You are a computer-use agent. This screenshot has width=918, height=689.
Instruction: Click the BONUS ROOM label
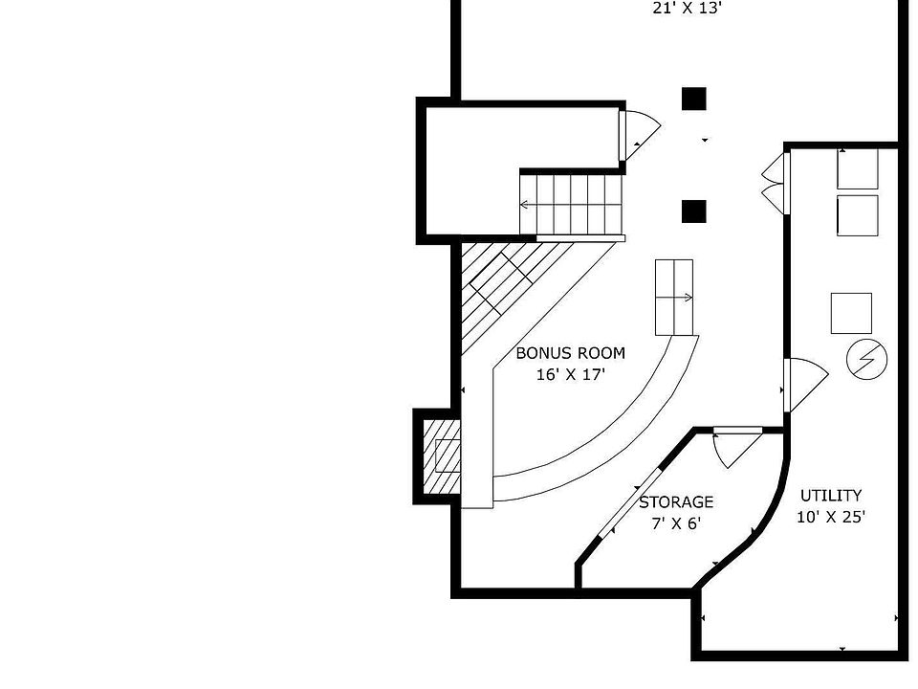tap(570, 353)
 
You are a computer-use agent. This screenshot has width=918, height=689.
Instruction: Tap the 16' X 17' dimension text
tap(570, 375)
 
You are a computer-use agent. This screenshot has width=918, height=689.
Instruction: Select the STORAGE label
tap(676, 502)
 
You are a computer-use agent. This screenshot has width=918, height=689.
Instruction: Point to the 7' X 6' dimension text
tap(676, 523)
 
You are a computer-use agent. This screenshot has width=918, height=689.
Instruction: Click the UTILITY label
tap(830, 496)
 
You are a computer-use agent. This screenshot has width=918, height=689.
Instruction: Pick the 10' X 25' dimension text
tap(830, 518)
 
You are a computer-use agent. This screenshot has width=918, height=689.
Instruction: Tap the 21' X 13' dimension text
tap(688, 9)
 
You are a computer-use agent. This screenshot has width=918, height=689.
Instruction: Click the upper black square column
tap(693, 98)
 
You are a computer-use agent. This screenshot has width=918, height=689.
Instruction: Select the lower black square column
tap(693, 211)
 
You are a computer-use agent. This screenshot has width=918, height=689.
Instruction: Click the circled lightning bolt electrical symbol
tap(867, 360)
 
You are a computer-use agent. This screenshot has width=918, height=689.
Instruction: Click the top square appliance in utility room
tap(857, 169)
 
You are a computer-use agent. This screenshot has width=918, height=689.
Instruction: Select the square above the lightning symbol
tap(851, 313)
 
